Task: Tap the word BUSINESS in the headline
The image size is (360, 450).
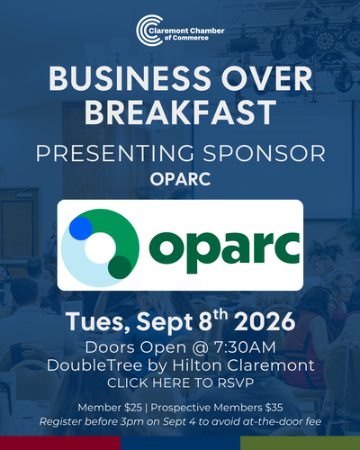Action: click(x=130, y=78)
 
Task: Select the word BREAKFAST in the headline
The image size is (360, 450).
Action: click(x=180, y=112)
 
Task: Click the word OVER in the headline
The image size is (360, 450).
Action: click(x=266, y=78)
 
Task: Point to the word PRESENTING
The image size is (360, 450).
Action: click(x=115, y=153)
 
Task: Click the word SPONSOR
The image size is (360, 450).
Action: click(x=265, y=153)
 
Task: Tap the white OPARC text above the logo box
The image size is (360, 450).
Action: click(x=180, y=179)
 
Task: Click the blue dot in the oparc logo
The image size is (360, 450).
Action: click(x=81, y=229)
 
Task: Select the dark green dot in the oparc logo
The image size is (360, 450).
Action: click(x=120, y=267)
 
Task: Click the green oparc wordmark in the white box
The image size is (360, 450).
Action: click(x=224, y=251)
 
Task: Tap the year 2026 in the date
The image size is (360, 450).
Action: click(x=265, y=321)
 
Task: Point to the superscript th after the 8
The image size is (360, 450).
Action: click(x=220, y=316)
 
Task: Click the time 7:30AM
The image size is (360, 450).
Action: click(x=245, y=347)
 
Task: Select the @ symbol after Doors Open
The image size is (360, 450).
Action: click(x=200, y=348)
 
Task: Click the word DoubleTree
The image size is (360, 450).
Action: click(x=94, y=365)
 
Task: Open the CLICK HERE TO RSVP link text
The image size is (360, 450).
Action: click(x=180, y=382)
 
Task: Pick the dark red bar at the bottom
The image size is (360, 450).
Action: click(x=60, y=443)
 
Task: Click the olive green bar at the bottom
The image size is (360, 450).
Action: click(x=300, y=443)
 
